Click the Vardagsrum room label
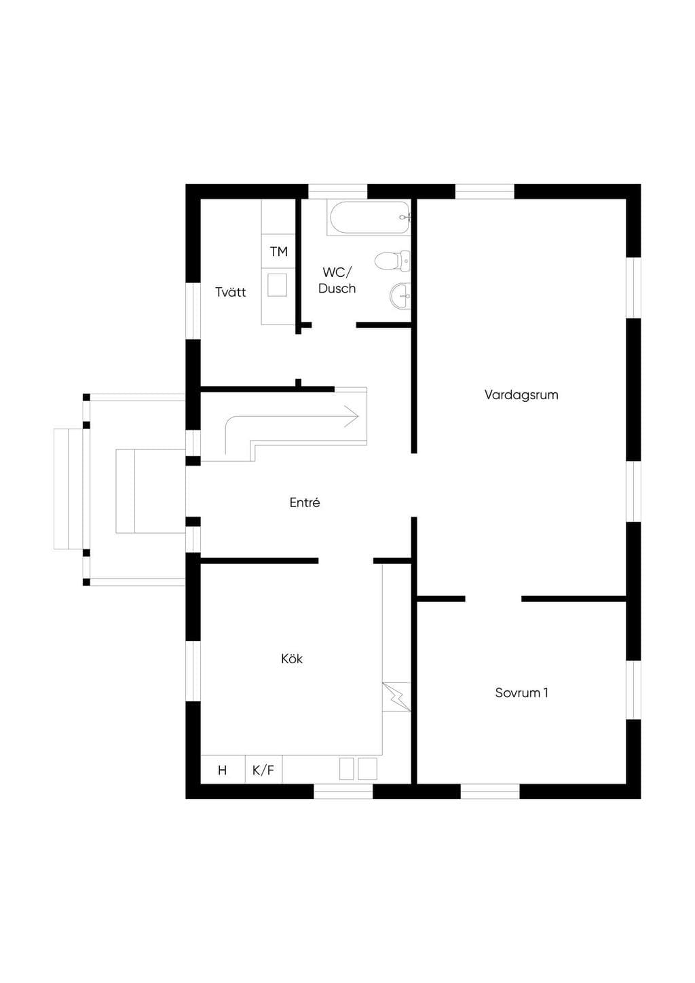click(x=521, y=394)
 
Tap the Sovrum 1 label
click(x=522, y=692)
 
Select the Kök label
click(x=292, y=659)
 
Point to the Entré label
click(x=305, y=502)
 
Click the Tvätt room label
click(x=231, y=292)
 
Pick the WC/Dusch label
click(x=337, y=280)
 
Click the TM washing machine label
click(x=279, y=251)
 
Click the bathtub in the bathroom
click(x=369, y=218)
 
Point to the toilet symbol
click(x=392, y=261)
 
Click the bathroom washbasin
click(x=400, y=296)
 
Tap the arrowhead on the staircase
click(x=352, y=416)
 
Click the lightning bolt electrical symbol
click(x=396, y=697)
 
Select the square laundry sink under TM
click(x=278, y=284)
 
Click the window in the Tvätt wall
click(x=193, y=311)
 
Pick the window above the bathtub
click(x=337, y=191)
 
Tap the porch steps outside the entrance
click(x=69, y=489)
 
